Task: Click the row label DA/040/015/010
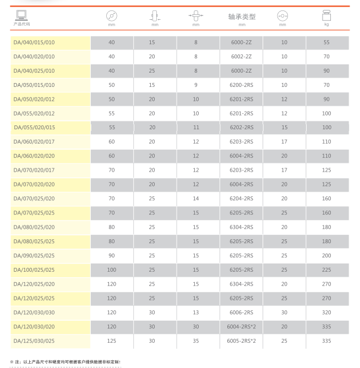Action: pyautogui.click(x=34, y=42)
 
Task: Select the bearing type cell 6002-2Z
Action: pyautogui.click(x=241, y=57)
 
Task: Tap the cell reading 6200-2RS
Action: pyautogui.click(x=241, y=85)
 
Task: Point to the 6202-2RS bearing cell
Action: pyautogui.click(x=241, y=128)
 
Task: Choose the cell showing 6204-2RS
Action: pyautogui.click(x=241, y=199)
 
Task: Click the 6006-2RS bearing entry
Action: pyautogui.click(x=241, y=312)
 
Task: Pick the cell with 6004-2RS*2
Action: pyautogui.click(x=241, y=327)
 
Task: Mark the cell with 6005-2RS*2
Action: pyautogui.click(x=241, y=341)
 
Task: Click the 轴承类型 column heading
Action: pyautogui.click(x=242, y=17)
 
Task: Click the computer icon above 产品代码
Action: pyautogui.click(x=22, y=15)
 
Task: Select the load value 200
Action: pyautogui.click(x=326, y=256)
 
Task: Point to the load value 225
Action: pyautogui.click(x=326, y=270)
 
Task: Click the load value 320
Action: pyautogui.click(x=326, y=312)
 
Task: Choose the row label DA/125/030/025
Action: pyautogui.click(x=34, y=341)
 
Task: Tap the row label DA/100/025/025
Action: pyautogui.click(x=34, y=270)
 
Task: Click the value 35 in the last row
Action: pyautogui.click(x=196, y=341)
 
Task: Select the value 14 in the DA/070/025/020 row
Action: pyautogui.click(x=196, y=199)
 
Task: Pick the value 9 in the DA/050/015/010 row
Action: pyautogui.click(x=196, y=85)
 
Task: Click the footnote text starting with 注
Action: pyautogui.click(x=66, y=361)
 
